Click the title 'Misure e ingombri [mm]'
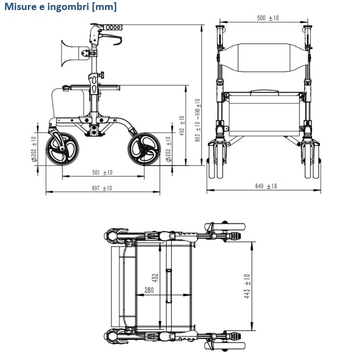[61, 7]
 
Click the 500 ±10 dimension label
[268, 18]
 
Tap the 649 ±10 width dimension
[266, 186]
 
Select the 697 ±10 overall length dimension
[102, 188]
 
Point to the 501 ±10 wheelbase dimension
[102, 172]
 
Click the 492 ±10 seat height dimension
[182, 125]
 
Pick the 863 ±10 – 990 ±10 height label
[197, 120]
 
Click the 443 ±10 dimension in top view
[247, 286]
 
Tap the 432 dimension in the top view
[155, 278]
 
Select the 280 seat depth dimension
[149, 290]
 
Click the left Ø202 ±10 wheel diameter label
[34, 149]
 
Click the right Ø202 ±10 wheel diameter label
[168, 149]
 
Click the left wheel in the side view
[62, 149]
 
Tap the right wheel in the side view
[144, 149]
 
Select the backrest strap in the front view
[264, 58]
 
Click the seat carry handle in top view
[169, 286]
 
